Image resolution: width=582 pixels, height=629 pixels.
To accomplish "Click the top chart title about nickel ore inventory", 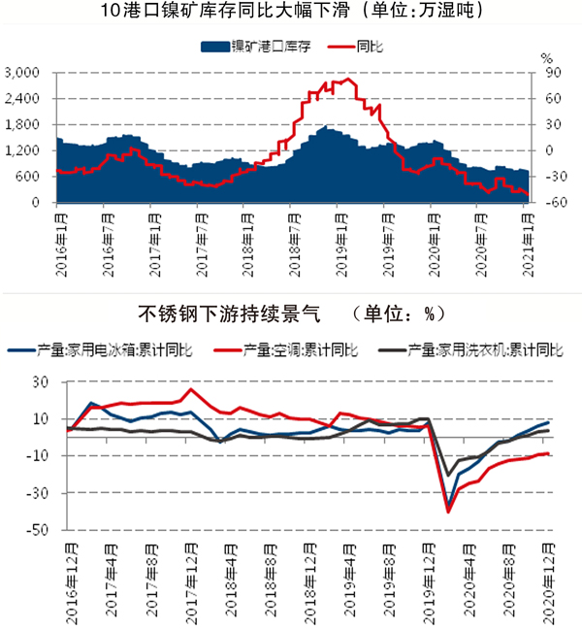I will click(292, 13).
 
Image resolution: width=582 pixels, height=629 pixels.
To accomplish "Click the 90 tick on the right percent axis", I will click(548, 73).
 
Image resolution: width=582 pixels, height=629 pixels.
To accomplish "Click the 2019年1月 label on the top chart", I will click(337, 236).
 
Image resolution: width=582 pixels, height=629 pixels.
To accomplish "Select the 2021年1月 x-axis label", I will click(525, 236).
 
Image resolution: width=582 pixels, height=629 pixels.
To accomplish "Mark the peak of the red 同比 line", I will click(347, 80).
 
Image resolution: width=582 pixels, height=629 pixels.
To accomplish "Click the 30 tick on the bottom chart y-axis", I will click(39, 381).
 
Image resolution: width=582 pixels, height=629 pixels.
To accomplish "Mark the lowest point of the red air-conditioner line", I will click(448, 512).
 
